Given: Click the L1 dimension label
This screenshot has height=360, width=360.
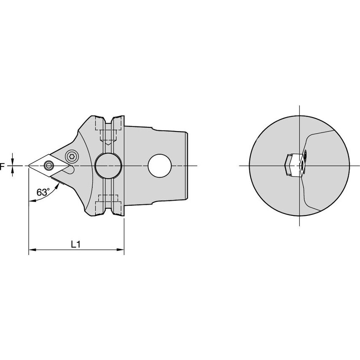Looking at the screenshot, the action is pos(75,244).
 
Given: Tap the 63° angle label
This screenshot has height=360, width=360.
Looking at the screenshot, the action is pos(43,192).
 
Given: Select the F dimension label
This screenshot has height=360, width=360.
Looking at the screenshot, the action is pos(2,166).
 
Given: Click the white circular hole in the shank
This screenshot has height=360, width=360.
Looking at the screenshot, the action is pos(160,166).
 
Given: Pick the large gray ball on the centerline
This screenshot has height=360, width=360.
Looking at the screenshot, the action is pos(108,166).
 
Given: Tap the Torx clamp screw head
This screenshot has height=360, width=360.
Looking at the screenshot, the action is pos(71,157).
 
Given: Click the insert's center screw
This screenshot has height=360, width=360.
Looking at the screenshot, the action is pos(49,165).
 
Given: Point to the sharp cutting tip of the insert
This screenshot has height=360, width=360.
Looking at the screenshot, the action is pos(29,166).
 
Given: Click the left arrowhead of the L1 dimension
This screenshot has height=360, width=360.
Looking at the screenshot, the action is pos(32,250).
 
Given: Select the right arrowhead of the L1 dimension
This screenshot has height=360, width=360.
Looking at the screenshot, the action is pos(121,250).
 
